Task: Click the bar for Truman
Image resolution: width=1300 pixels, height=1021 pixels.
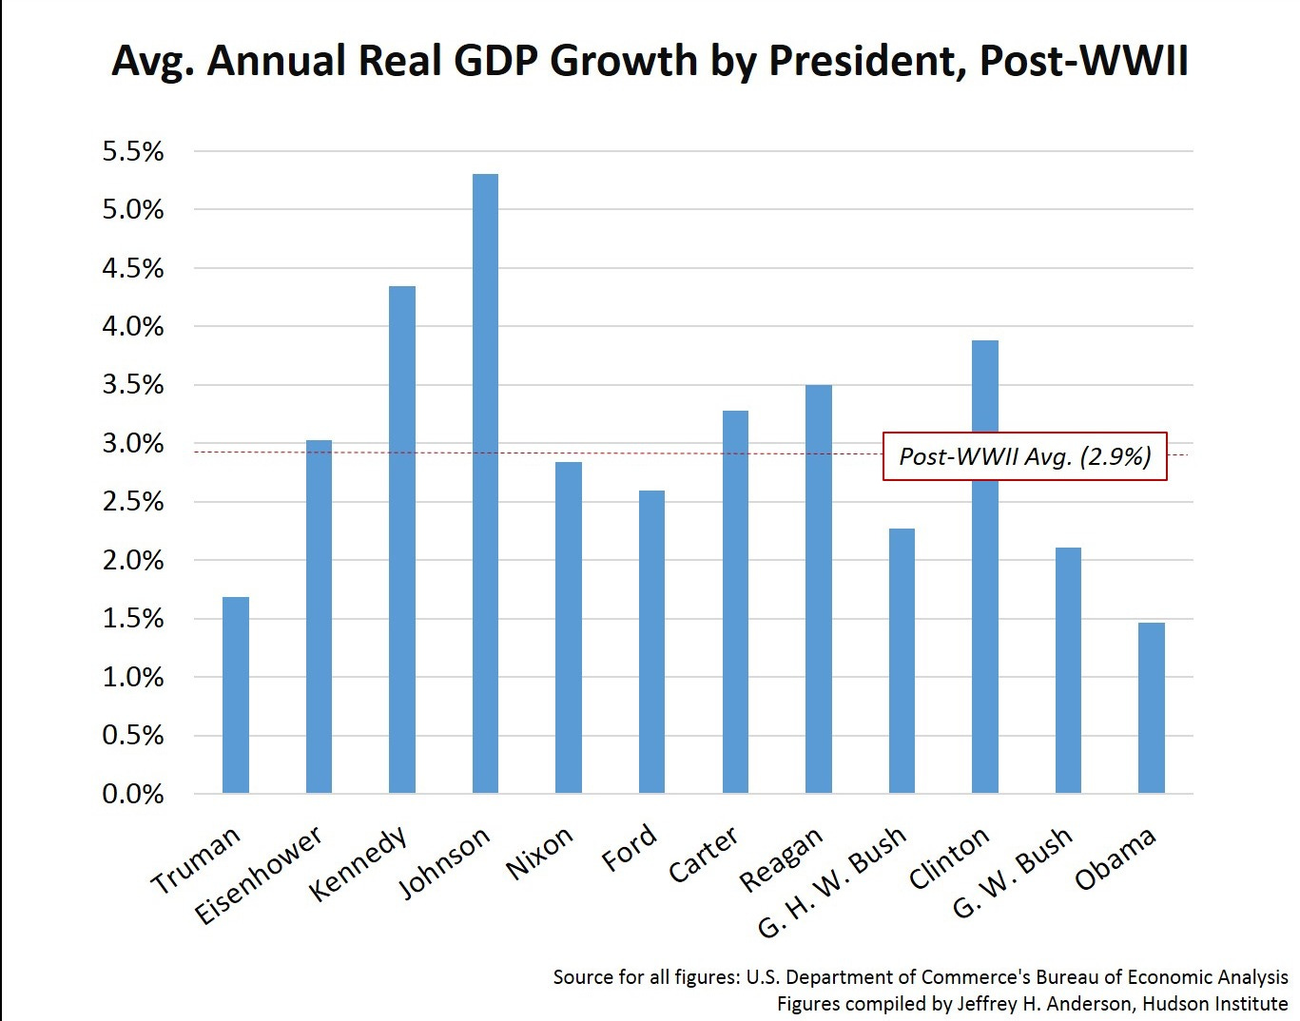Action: coord(235,695)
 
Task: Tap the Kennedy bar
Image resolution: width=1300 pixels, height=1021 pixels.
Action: coord(402,539)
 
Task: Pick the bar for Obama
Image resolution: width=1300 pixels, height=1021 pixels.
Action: coord(1152,707)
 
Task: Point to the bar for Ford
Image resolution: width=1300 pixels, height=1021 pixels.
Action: coord(651,642)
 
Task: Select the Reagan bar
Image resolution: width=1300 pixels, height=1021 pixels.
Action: coord(819,588)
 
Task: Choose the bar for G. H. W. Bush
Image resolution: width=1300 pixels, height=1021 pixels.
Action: coord(902,661)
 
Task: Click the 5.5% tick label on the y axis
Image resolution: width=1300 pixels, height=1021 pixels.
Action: coord(133,152)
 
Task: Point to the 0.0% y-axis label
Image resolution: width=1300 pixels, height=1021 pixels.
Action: coord(133,794)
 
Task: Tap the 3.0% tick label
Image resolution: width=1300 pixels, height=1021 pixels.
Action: coord(133,444)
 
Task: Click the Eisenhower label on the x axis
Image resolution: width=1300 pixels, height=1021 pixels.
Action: coord(260,876)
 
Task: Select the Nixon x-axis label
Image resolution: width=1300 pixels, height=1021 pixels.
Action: coord(539,853)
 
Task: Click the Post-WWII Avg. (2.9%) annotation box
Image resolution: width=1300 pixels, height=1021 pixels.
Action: coord(1024,456)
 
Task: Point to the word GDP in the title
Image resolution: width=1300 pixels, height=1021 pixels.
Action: coord(495,62)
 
